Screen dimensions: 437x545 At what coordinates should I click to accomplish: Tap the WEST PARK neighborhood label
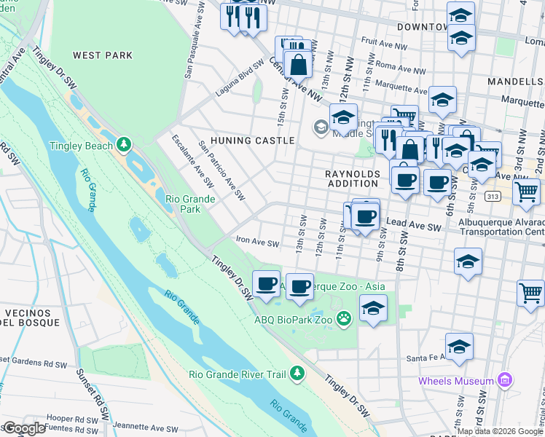103,55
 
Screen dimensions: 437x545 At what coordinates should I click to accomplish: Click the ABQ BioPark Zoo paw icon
345,318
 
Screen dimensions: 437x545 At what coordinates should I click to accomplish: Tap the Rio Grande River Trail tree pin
297,374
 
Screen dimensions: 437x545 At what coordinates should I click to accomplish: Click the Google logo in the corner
23,428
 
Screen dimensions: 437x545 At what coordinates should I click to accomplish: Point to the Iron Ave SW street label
257,243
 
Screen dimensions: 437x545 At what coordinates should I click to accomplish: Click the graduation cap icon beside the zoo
373,309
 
